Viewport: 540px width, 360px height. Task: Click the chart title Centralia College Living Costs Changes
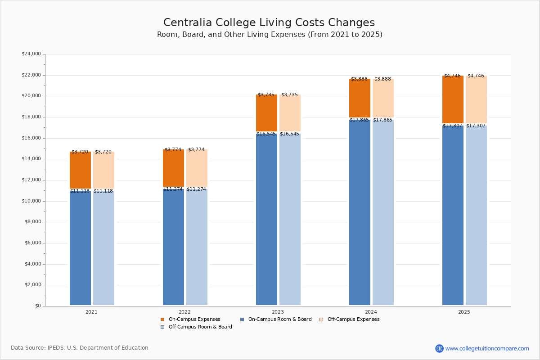coord(269,22)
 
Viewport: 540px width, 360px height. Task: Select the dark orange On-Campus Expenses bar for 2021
coord(80,170)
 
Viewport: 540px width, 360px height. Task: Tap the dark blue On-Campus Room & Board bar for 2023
coord(266,220)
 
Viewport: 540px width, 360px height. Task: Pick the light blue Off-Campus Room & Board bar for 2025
coord(476,215)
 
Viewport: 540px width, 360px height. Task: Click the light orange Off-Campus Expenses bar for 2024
coord(383,98)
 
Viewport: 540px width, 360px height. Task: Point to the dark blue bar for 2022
coord(173,247)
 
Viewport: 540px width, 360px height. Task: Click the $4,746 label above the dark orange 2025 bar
coord(453,76)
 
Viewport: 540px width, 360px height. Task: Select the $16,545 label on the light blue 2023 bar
coord(289,134)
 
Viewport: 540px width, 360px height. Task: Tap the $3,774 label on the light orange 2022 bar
coord(196,149)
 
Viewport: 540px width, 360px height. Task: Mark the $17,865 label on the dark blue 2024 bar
coord(359,120)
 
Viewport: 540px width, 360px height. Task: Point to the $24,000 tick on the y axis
coord(31,54)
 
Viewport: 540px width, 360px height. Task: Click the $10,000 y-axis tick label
coord(31,201)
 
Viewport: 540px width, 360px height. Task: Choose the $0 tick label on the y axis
coord(38,306)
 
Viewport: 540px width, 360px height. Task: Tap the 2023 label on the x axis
coord(278,312)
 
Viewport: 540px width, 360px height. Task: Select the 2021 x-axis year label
coord(92,312)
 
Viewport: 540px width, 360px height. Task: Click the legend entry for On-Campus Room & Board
coord(276,319)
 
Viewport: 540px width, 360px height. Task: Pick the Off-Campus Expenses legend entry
coord(350,319)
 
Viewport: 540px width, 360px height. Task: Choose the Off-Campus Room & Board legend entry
coord(196,327)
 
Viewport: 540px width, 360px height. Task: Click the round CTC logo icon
coord(439,348)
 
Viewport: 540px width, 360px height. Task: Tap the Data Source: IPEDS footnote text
coord(80,348)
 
